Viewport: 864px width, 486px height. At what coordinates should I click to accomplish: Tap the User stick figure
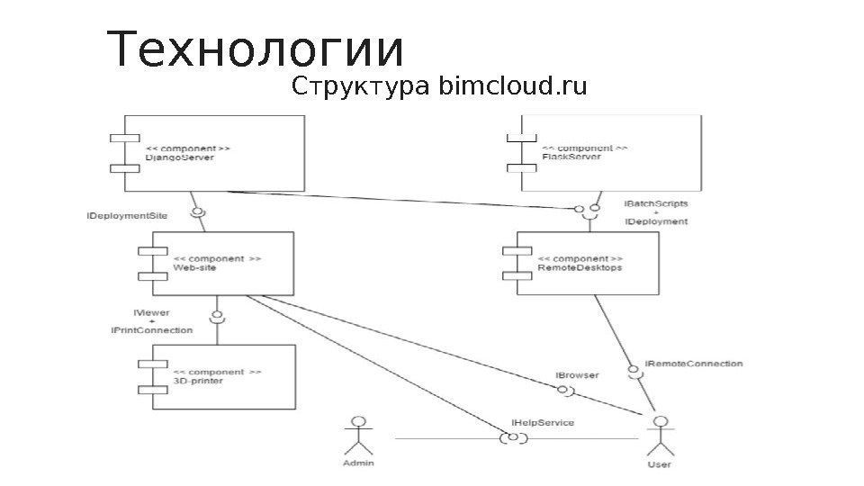coord(660,441)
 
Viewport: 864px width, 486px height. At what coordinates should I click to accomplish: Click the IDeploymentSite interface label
coord(127,217)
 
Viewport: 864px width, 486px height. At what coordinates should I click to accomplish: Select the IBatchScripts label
coord(655,204)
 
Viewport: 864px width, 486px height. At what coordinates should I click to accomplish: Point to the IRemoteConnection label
coord(694,364)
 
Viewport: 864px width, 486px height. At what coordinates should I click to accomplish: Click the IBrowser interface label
coord(577,374)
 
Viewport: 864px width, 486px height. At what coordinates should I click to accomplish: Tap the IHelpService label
coord(542,421)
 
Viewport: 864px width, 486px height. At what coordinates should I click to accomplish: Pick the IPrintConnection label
coord(152,330)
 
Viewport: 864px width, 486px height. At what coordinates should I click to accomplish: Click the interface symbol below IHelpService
coord(513,438)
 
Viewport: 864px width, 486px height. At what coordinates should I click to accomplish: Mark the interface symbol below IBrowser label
coord(565,390)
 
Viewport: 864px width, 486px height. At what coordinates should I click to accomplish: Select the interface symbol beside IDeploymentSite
coord(198,213)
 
